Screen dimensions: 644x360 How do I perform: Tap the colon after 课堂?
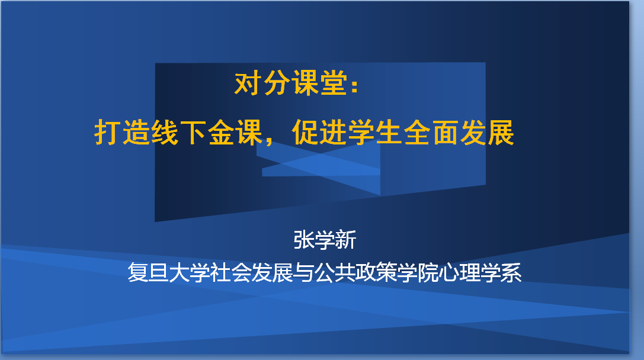[x=355, y=85]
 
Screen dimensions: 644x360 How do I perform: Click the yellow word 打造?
[x=123, y=132]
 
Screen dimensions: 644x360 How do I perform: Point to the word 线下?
[x=179, y=132]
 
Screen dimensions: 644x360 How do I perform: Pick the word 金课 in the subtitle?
[x=235, y=132]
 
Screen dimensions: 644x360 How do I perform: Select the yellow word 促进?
[x=319, y=132]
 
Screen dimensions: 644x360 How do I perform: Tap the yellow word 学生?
[x=376, y=132]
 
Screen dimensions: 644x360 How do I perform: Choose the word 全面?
[x=431, y=132]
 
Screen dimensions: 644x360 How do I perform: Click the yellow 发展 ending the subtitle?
[x=487, y=132]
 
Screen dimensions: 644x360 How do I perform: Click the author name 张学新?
[x=325, y=240]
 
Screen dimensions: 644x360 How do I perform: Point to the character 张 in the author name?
[x=304, y=240]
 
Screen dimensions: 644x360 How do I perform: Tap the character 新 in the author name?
[x=346, y=240]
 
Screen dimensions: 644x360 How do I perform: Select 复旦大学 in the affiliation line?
[x=169, y=272]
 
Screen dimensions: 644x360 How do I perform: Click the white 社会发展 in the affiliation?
[x=252, y=272]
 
